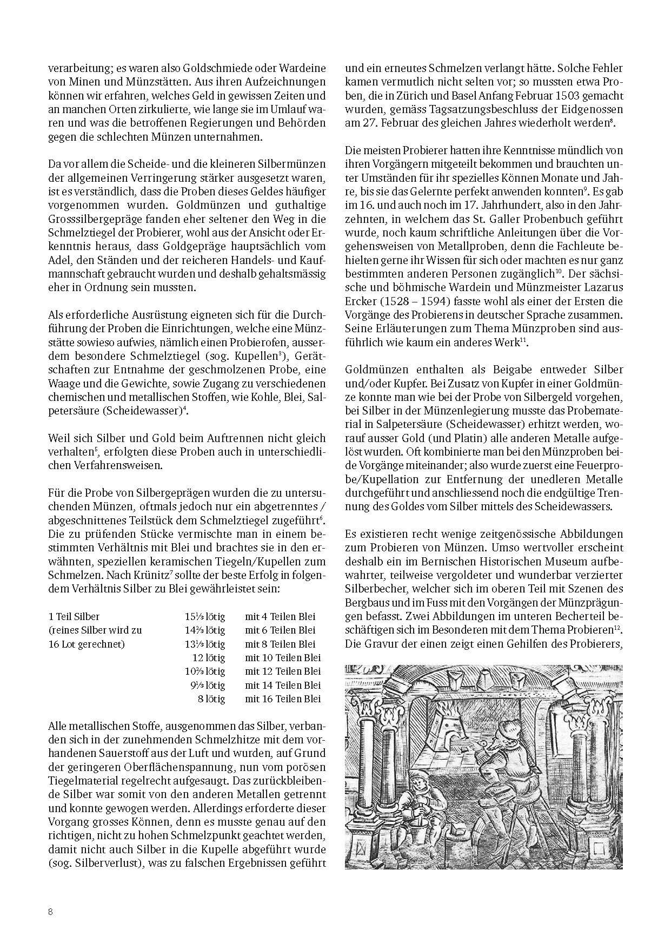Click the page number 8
pyautogui.click(x=50, y=912)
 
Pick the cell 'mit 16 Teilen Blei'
pyautogui.click(x=283, y=699)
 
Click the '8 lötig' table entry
pyautogui.click(x=212, y=699)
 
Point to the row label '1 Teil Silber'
pyautogui.click(x=74, y=616)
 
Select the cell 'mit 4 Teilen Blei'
pyautogui.click(x=280, y=616)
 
